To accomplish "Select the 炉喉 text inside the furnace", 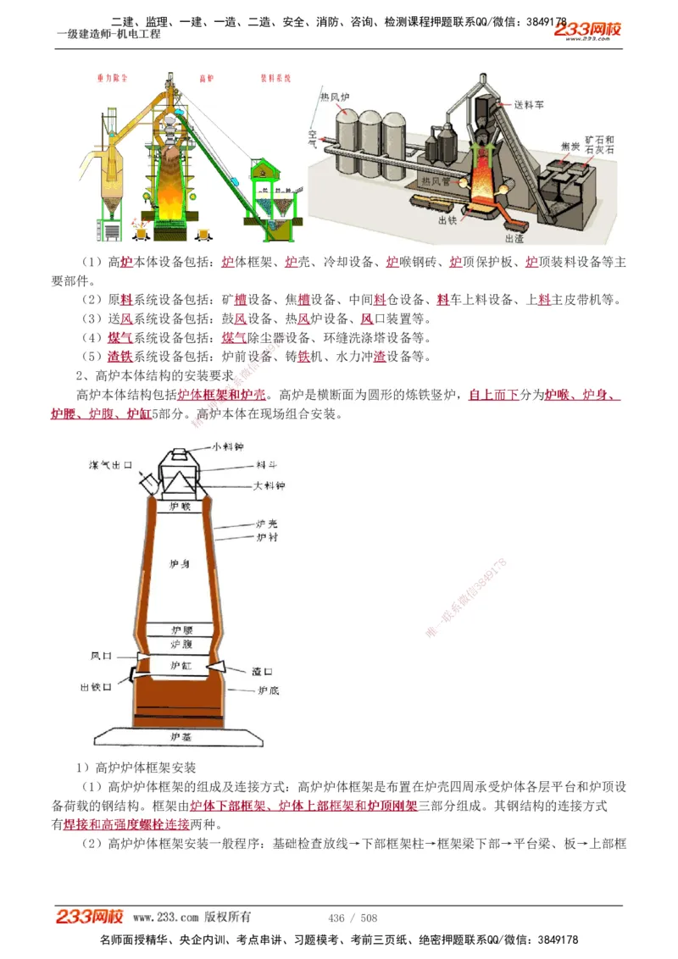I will (181, 506).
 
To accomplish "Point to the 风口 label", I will (102, 656).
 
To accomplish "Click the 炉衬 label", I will (267, 537).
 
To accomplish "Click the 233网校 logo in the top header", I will (588, 30).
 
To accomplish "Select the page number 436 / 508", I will (353, 917).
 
